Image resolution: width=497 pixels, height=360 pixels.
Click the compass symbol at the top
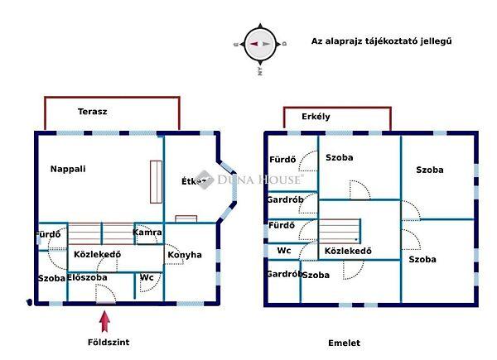tap(260, 44)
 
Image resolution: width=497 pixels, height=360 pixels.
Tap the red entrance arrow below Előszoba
tap(105, 318)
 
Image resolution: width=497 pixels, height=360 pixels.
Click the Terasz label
tap(93, 111)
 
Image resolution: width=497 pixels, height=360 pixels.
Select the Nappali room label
tap(68, 169)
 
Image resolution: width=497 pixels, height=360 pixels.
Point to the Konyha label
tap(185, 255)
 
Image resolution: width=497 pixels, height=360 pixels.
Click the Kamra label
tap(147, 233)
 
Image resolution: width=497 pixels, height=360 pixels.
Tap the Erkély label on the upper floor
tap(316, 117)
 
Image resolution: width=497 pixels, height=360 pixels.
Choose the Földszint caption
tap(109, 342)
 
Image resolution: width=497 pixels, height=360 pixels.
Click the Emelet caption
tap(345, 342)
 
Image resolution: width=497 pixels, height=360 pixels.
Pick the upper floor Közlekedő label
tap(347, 252)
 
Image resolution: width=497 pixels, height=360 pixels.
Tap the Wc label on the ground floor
tap(147, 277)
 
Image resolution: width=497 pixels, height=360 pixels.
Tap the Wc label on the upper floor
tap(284, 250)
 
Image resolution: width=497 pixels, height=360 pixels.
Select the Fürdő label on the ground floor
tap(47, 234)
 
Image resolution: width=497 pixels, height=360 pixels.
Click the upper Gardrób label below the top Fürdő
tap(285, 199)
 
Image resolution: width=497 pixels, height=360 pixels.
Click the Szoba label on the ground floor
tap(51, 278)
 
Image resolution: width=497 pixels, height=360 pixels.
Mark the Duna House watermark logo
tap(250, 180)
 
